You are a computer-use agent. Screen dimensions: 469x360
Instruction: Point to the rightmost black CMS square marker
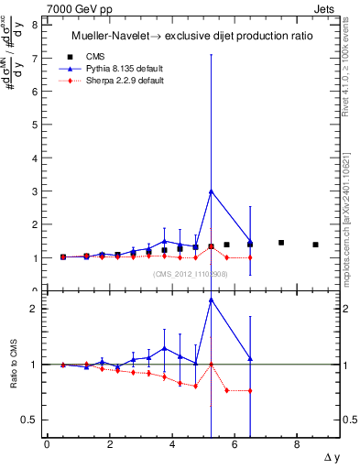[x=315, y=245]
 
